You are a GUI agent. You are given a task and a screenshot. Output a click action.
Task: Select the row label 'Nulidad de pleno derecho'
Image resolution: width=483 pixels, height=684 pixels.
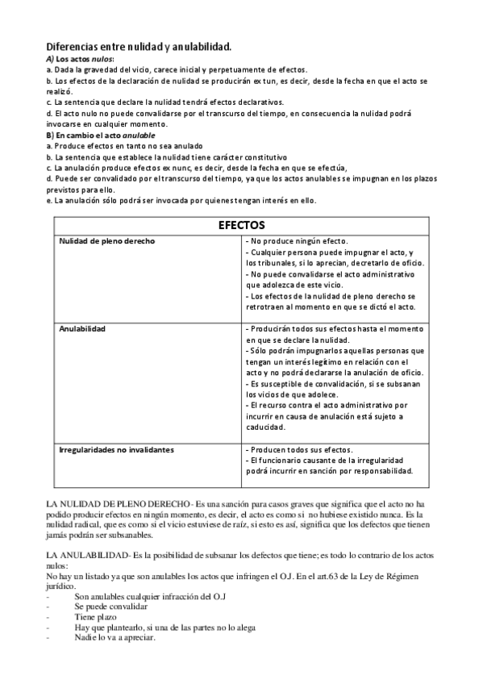tap(107, 241)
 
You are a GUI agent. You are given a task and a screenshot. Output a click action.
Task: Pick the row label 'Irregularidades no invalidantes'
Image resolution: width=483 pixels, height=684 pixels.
tap(118, 448)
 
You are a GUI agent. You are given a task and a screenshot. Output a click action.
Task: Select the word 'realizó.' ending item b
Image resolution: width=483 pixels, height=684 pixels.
tap(61, 93)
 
